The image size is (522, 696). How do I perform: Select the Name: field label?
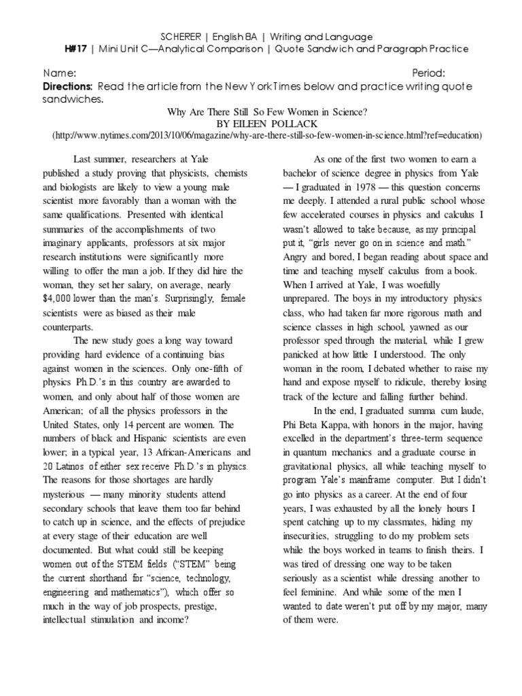click(60, 73)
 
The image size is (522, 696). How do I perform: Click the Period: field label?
click(429, 73)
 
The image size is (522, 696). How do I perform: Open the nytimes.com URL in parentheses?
click(266, 135)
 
